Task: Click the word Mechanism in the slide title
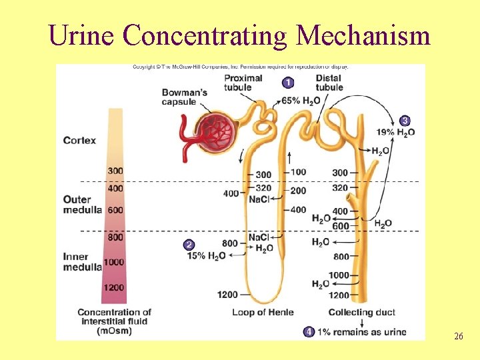[363, 35]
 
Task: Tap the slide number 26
[458, 337]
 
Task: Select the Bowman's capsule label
[184, 97]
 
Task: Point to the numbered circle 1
[288, 83]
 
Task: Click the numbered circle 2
[189, 245]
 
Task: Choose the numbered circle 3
[405, 121]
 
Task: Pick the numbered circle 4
[309, 331]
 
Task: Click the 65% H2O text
[301, 101]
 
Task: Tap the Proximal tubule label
[243, 83]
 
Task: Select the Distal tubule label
[329, 83]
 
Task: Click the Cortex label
[79, 141]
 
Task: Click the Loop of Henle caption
[263, 312]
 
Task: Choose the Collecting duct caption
[361, 312]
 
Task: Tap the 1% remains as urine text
[361, 331]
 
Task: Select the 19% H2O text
[396, 132]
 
